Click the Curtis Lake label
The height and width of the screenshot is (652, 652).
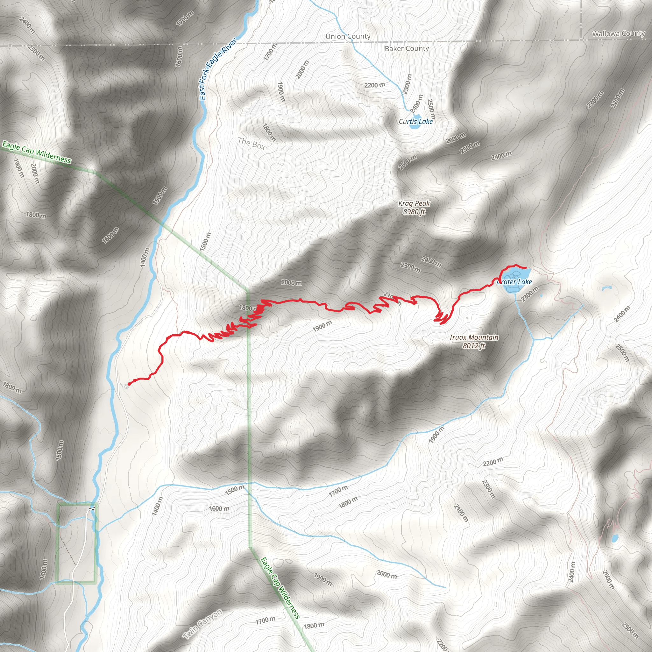415,122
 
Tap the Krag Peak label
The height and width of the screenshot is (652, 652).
414,203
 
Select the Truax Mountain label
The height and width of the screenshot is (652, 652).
473,337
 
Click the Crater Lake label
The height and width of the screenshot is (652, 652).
515,282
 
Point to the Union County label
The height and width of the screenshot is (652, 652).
348,36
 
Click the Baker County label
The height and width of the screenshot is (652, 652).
407,49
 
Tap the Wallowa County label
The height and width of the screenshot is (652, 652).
618,33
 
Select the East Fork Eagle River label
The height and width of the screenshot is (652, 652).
218,69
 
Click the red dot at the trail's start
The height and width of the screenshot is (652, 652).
129,384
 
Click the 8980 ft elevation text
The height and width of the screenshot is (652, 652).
414,212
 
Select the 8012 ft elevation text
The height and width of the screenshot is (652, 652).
474,345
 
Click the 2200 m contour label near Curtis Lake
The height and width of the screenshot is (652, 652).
375,85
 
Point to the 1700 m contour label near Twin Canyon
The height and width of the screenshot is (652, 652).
265,620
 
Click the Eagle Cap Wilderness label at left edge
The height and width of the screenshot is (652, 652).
36,152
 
